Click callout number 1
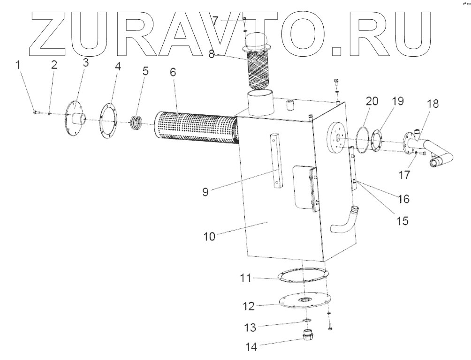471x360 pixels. [19, 65]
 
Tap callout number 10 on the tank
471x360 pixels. [210, 236]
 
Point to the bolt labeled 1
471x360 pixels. [36, 112]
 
